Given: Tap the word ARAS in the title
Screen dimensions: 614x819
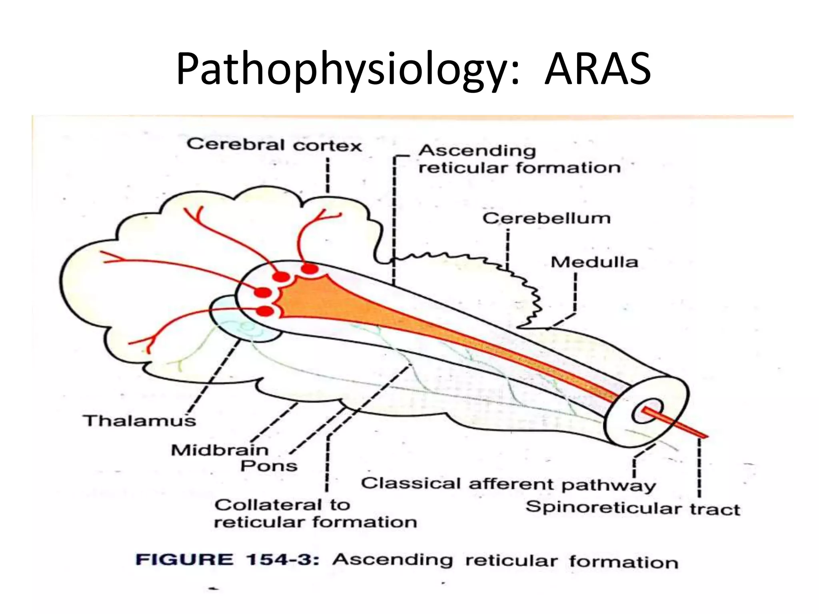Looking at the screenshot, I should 597,70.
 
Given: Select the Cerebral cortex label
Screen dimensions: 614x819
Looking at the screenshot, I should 274,145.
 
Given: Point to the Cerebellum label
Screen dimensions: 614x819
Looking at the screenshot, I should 546,219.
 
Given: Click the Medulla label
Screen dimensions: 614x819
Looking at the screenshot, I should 594,262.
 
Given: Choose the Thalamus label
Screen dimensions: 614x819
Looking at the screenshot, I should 140,421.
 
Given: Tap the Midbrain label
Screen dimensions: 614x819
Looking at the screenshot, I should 220,450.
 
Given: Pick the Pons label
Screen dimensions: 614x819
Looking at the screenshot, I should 269,466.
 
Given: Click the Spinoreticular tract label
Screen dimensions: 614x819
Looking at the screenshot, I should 633,508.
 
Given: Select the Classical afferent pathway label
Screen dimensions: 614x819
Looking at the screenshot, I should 508,484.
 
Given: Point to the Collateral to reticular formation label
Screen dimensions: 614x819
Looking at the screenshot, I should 315,513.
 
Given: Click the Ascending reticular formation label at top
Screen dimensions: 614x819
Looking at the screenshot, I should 519,159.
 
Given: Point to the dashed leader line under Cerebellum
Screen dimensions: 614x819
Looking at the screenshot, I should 507,248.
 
